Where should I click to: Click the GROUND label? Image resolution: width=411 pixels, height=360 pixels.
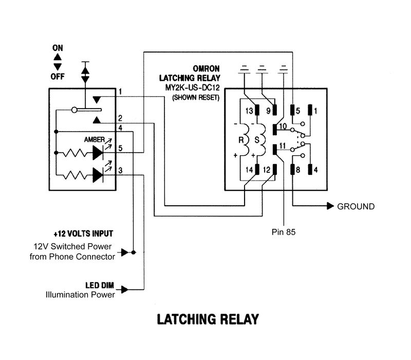pos(356,207)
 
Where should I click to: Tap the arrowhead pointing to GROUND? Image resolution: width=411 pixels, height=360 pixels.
pos(330,206)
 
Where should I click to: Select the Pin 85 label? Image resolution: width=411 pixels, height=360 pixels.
pos(284,232)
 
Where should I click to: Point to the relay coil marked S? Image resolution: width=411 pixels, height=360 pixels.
pos(261,140)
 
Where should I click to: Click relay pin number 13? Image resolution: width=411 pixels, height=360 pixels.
pos(249,111)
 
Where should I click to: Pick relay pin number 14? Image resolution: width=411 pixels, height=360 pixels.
pos(249,170)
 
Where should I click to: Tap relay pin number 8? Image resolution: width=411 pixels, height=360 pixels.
pos(298,170)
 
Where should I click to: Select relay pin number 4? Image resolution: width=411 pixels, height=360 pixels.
pos(315,170)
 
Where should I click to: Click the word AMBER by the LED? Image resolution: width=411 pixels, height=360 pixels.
pos(95,139)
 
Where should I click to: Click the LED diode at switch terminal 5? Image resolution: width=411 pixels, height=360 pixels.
pos(98,153)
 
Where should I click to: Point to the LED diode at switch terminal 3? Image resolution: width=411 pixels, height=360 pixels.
pos(98,175)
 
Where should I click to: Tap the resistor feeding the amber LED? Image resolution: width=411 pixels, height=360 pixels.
pos(75,153)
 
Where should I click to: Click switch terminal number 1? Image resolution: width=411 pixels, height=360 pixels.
pos(120,92)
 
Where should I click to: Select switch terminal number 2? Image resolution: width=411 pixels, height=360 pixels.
pos(120,118)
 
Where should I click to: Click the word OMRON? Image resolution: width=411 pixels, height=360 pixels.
pos(206,69)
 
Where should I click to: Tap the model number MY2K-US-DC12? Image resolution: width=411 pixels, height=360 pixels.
pos(192,87)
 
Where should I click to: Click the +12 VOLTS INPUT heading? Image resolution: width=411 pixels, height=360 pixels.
pos(83,234)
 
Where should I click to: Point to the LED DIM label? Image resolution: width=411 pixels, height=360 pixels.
pos(100,285)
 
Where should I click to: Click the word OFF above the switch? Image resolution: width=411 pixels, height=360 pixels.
pos(58,77)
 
